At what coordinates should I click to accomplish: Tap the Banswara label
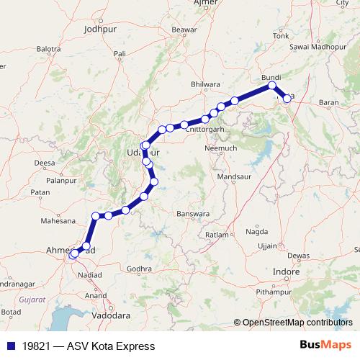[192, 214]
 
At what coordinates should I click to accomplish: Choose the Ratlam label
[216, 235]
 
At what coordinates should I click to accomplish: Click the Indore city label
[287, 271]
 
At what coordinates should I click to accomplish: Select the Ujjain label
[266, 246]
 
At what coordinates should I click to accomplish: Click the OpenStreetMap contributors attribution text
[297, 323]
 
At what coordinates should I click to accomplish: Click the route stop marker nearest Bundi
[272, 86]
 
